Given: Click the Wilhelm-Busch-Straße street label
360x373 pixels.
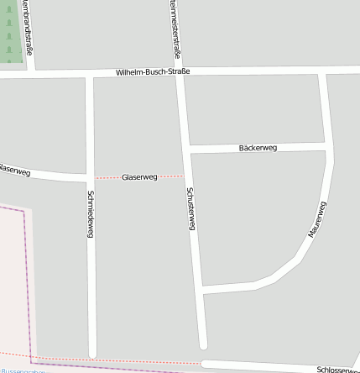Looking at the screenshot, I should tap(153, 72).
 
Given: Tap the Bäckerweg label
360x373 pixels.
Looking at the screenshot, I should tap(258, 148).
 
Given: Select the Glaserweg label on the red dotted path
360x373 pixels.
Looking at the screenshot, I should tap(139, 177).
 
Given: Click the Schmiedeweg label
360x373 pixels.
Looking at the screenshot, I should tap(90, 214).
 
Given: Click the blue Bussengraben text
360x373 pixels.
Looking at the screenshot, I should tap(22, 370).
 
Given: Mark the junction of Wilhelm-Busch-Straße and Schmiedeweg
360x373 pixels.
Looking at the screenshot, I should tap(89, 75).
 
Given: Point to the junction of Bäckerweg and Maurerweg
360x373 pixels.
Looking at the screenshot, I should tap(327, 147).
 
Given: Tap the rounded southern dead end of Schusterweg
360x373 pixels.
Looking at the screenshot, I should tap(202, 344).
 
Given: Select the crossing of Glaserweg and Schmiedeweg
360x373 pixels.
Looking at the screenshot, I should tap(90, 178).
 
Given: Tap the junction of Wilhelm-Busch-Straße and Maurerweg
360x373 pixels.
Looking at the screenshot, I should tap(322, 72).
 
